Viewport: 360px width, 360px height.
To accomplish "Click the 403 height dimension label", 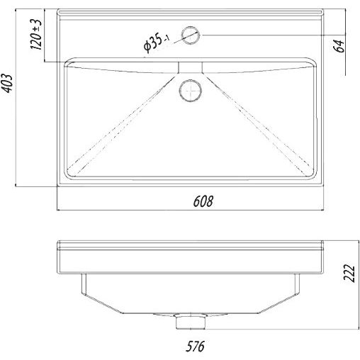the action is [x=6, y=84].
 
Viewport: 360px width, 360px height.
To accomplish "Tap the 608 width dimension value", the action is [x=203, y=201].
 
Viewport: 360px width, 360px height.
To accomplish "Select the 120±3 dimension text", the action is [x=36, y=34].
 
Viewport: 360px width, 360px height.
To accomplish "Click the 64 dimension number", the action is [x=339, y=46].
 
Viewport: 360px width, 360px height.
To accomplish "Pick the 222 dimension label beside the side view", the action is [x=349, y=273].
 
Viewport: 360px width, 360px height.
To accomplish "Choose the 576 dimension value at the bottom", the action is [x=195, y=347].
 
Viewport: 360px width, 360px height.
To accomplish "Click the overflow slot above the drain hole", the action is [x=190, y=67].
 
